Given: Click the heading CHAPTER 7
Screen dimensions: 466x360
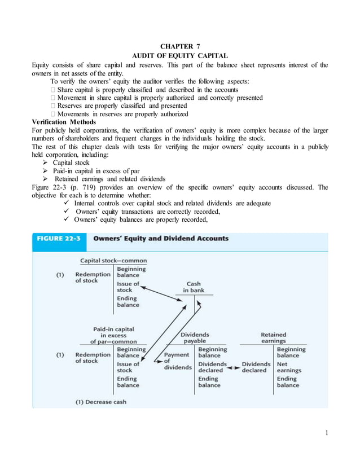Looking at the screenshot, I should [x=179, y=46].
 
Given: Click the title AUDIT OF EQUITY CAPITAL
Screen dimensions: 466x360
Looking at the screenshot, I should [x=179, y=55].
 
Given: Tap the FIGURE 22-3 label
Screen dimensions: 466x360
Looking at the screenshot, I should [x=59, y=239].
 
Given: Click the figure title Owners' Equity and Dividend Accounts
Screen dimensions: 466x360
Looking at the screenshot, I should [x=161, y=239].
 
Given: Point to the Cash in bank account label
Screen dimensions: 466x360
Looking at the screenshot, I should [x=194, y=287].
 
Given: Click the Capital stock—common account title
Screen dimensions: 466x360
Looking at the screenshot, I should [x=113, y=261].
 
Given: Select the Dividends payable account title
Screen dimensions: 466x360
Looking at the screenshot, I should [x=195, y=337].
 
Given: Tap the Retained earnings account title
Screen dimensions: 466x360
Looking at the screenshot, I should [x=273, y=337].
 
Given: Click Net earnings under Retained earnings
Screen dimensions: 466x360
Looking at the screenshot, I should [x=289, y=367].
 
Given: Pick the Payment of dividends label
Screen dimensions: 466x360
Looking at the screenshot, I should [x=177, y=361].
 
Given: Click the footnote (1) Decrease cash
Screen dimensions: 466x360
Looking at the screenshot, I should [x=101, y=402].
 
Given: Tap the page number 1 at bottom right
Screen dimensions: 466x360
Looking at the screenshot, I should [x=326, y=433].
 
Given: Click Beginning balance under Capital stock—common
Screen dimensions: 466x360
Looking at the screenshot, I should [x=131, y=272].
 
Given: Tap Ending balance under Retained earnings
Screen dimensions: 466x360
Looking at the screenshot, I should [x=288, y=382].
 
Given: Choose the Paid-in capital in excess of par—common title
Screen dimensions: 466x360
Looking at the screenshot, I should [x=113, y=335].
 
